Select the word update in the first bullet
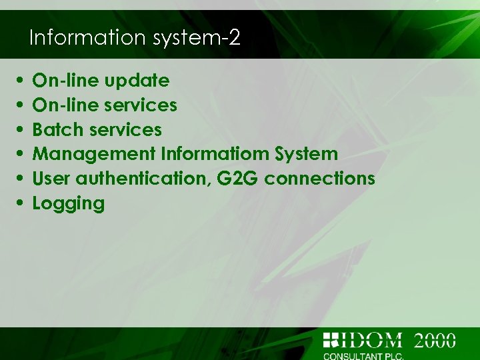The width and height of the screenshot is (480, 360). (139, 81)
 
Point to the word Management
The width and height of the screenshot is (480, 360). (94, 154)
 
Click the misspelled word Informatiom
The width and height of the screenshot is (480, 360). (215, 154)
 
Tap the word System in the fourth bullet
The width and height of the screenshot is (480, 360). (307, 154)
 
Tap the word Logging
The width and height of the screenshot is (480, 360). (69, 203)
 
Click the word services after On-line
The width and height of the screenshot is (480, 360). (142, 105)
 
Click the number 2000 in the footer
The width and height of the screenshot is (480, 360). (435, 341)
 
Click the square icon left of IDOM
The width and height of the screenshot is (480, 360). (331, 340)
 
